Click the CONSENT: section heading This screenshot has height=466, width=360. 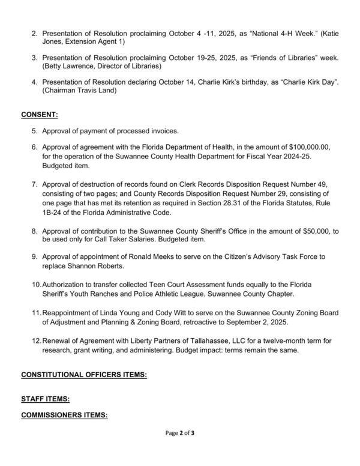[x=40, y=114]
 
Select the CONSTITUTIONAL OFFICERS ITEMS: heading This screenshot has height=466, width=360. [x=84, y=375]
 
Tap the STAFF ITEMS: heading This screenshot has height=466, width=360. [x=46, y=398]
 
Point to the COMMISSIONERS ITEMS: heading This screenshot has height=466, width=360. [x=64, y=414]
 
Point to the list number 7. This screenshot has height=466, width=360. [x=34, y=180]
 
